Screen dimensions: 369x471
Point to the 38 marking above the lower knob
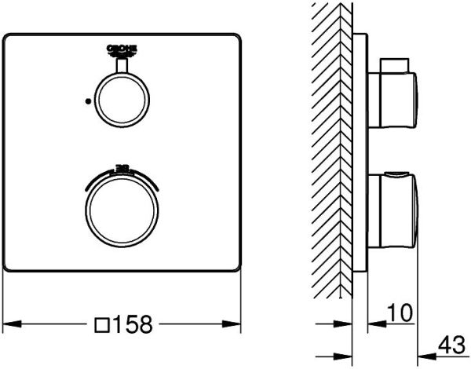tap(122, 166)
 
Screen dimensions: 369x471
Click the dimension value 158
tap(133, 323)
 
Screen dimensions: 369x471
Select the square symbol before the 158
tap(100, 323)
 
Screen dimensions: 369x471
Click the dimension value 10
tap(399, 314)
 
